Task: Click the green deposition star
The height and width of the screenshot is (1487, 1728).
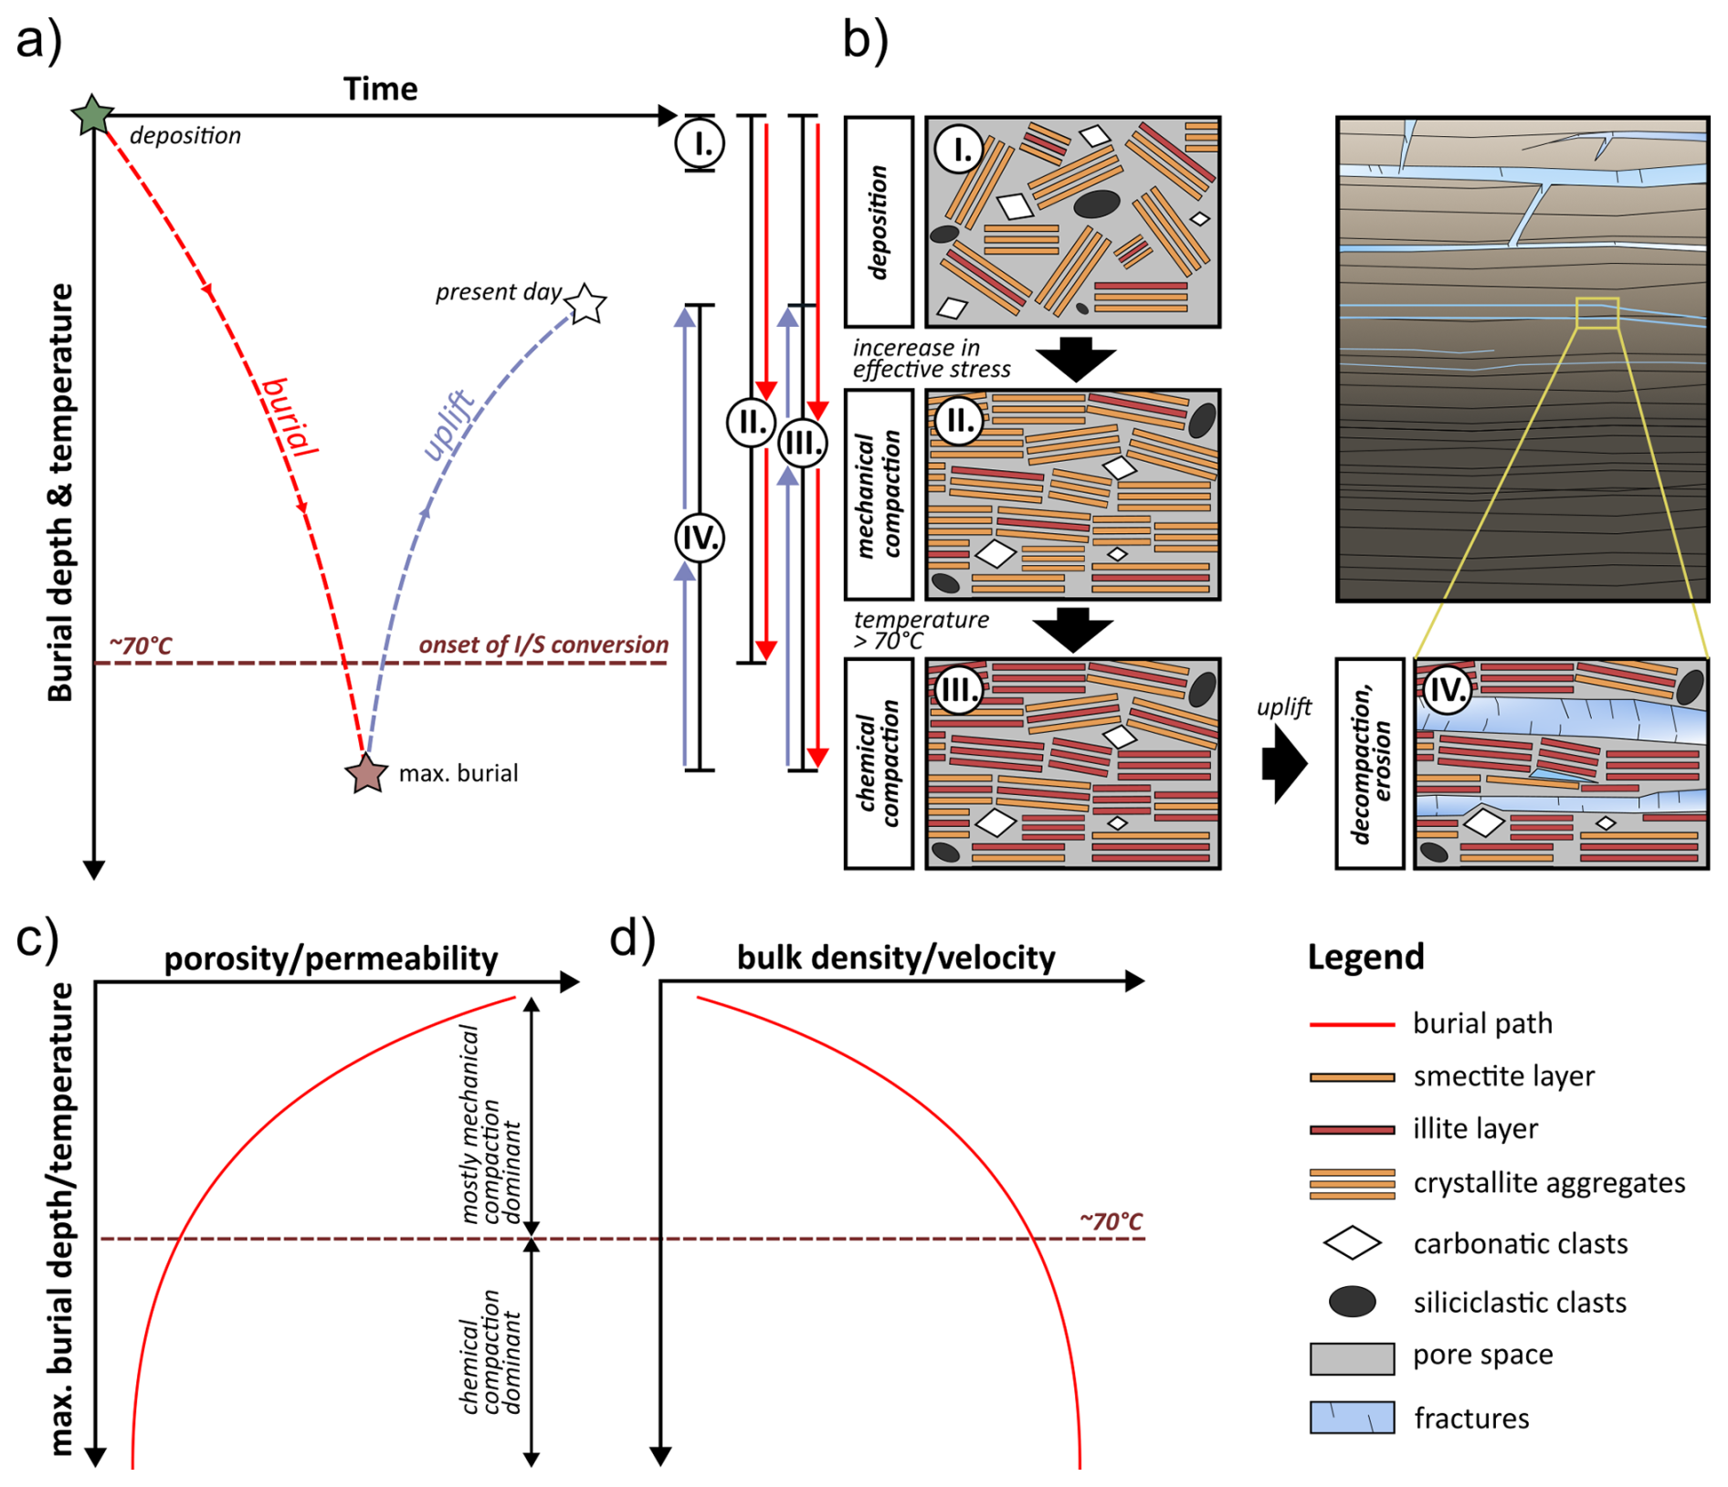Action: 92,115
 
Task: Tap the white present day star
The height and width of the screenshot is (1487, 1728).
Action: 585,303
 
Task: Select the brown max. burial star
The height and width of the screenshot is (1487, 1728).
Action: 366,773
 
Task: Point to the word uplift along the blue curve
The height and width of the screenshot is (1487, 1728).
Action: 448,424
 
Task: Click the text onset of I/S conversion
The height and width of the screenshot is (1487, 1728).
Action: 543,644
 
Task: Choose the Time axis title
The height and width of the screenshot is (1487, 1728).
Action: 380,89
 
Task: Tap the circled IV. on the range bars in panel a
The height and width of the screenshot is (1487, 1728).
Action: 700,538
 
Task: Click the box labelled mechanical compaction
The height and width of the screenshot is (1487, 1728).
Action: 879,494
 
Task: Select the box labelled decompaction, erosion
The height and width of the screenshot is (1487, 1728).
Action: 1369,763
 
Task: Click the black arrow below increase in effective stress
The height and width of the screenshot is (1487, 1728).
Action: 1076,359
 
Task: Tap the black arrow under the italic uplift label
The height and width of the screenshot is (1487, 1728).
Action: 1284,763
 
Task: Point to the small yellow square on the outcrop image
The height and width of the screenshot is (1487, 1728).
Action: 1596,312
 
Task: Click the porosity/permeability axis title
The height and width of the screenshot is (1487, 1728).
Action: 331,958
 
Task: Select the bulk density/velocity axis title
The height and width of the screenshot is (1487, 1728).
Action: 895,958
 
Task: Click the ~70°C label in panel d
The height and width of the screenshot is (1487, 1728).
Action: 1111,1221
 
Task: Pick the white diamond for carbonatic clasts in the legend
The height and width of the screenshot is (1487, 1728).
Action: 1352,1243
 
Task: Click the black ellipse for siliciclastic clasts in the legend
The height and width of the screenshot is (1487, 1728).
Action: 1352,1302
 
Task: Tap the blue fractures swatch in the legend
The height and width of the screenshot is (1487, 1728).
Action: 1352,1418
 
